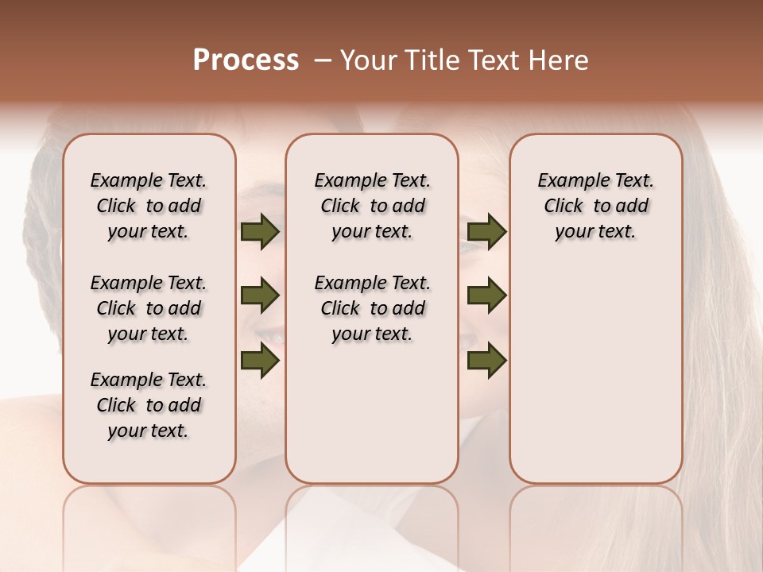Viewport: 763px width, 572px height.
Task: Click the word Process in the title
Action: point(246,60)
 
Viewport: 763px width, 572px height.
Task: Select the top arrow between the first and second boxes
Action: point(260,232)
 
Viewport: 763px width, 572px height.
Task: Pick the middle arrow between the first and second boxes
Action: point(260,296)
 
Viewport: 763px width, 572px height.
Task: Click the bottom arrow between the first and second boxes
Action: point(260,360)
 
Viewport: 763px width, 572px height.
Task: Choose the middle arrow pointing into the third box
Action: point(486,296)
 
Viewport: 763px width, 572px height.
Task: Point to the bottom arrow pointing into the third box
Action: point(486,360)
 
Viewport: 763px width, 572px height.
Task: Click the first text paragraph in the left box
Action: point(149,206)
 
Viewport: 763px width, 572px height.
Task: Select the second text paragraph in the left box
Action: point(149,308)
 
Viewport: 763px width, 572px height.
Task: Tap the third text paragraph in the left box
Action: point(149,405)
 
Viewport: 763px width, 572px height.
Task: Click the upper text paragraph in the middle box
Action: point(372,206)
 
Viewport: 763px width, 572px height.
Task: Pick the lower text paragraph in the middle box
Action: point(372,308)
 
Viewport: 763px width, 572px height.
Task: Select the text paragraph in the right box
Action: point(595,206)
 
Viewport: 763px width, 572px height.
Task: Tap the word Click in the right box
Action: point(564,207)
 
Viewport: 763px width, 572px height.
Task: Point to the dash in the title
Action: point(322,61)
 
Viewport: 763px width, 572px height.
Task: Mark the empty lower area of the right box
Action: point(595,373)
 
